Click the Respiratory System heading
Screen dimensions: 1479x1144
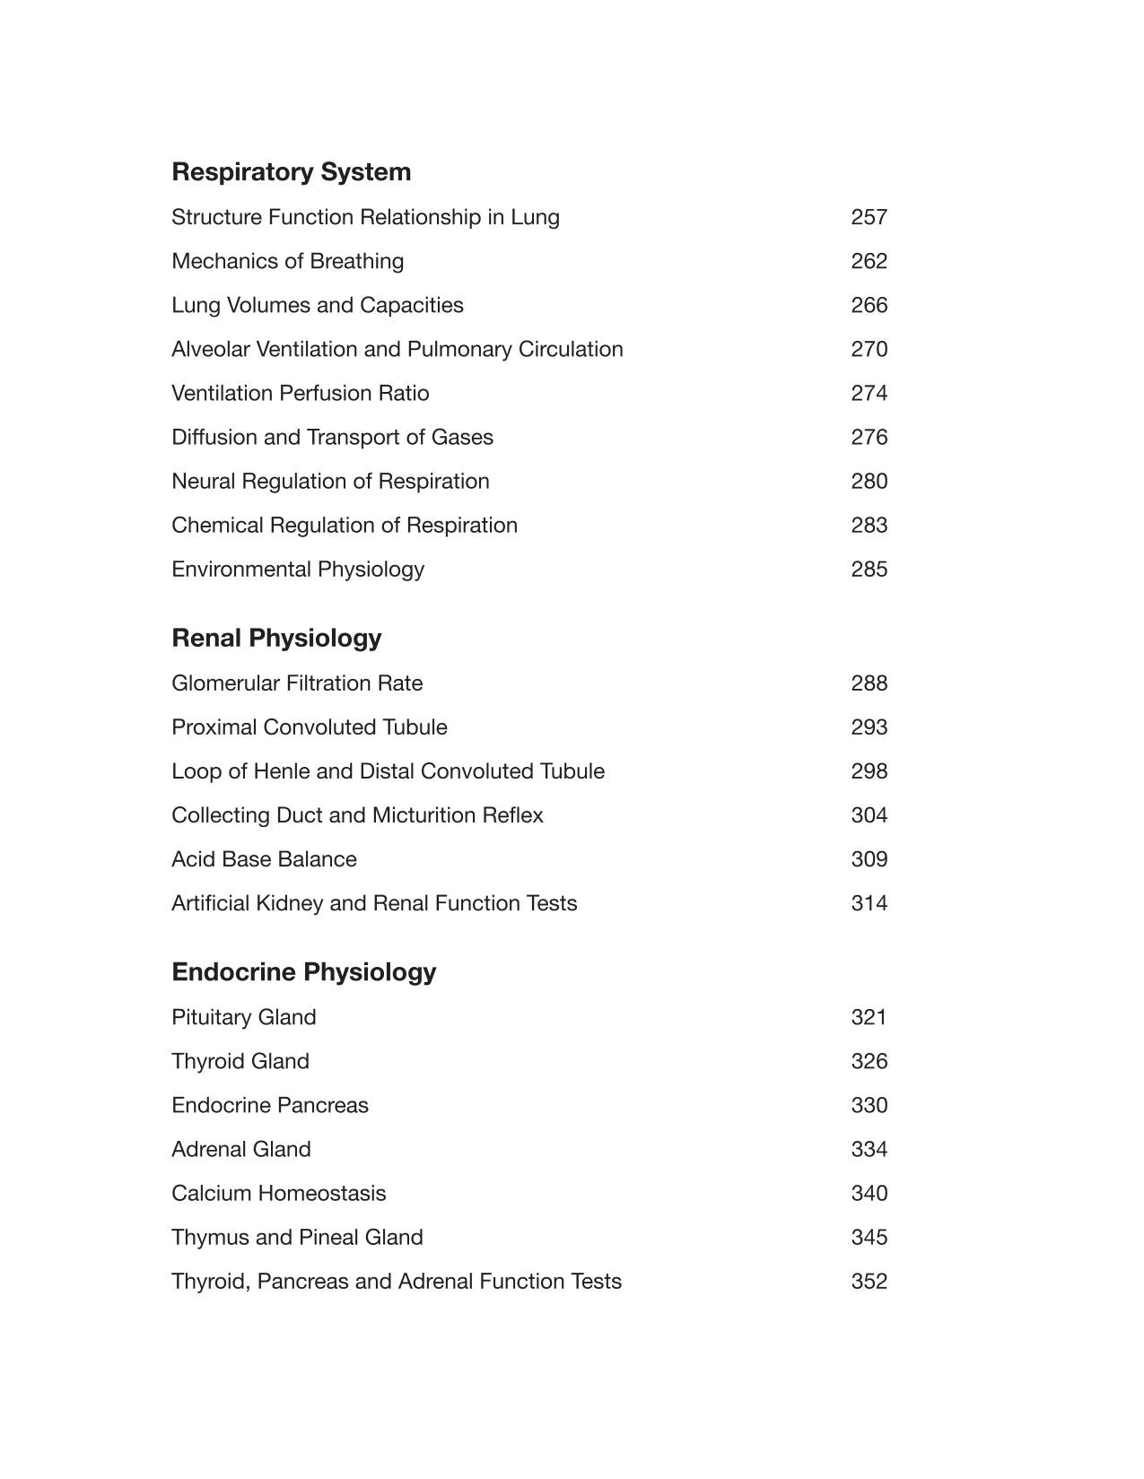click(291, 172)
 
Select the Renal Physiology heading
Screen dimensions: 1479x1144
click(276, 638)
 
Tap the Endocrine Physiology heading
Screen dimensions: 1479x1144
click(303, 972)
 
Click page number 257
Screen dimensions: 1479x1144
click(869, 217)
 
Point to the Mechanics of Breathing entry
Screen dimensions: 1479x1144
click(287, 261)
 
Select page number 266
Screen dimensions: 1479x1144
click(869, 305)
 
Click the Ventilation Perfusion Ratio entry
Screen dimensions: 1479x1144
click(300, 393)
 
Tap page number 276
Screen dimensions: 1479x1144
click(869, 437)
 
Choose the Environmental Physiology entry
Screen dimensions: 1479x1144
click(298, 570)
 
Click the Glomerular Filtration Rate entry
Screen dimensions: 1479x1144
click(297, 683)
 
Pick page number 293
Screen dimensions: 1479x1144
click(869, 727)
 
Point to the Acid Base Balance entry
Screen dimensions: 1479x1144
click(264, 859)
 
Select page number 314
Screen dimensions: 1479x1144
click(869, 903)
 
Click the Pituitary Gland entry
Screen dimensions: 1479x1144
click(243, 1017)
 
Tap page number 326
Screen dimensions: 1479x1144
click(869, 1061)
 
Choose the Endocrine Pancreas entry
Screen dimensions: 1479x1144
click(269, 1105)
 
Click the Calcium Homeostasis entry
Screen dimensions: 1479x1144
click(278, 1193)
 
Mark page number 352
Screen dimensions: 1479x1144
click(869, 1281)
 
